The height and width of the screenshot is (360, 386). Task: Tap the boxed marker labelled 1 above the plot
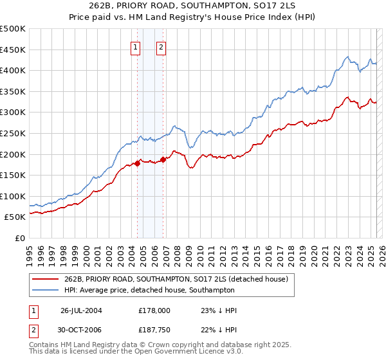tap(136, 46)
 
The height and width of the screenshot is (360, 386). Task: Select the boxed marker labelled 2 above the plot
tap(161, 46)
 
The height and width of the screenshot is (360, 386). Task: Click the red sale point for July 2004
tap(138, 164)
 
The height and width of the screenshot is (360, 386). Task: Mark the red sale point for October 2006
tap(163, 160)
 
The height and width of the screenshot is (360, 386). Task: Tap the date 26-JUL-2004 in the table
tap(81, 310)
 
